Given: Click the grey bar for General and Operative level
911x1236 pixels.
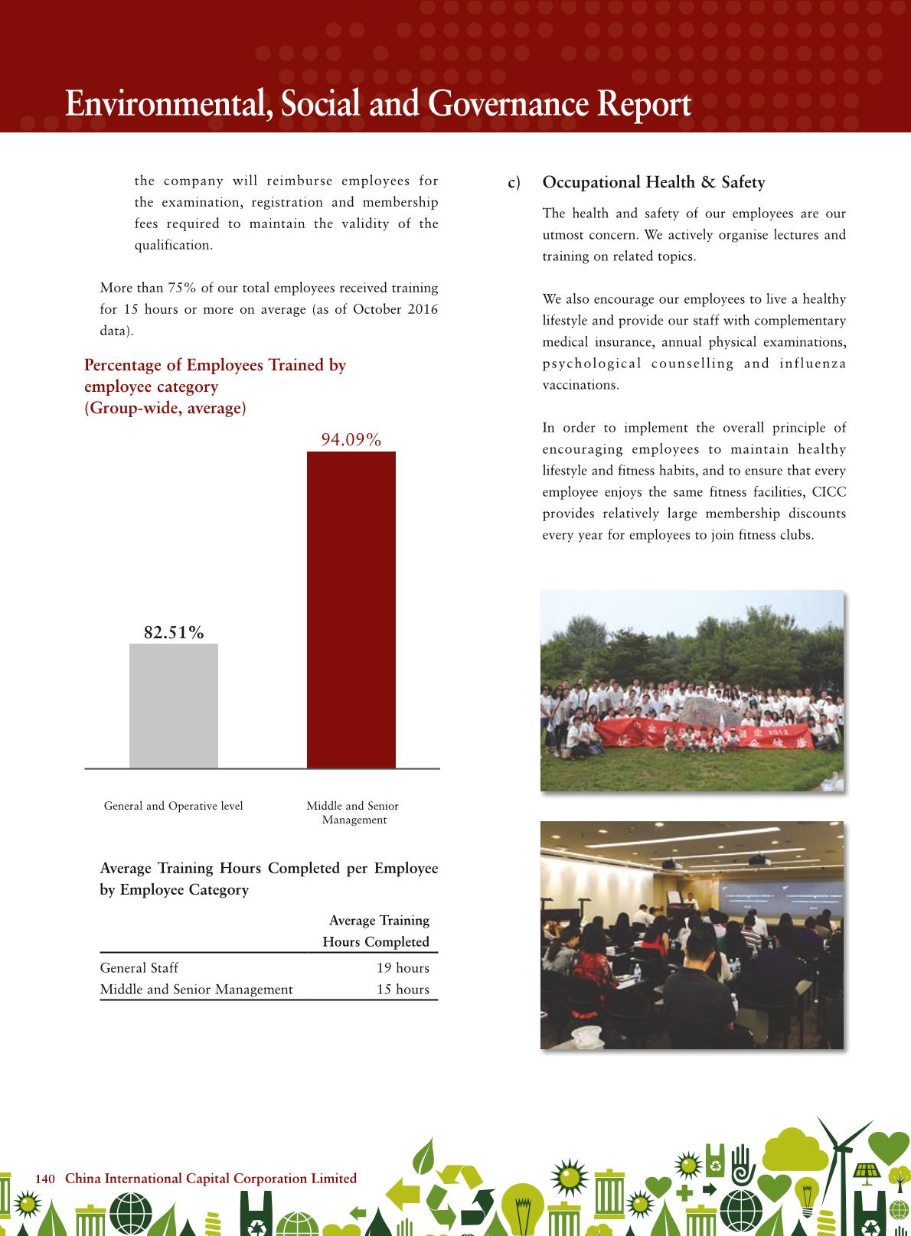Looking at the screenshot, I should tap(174, 705).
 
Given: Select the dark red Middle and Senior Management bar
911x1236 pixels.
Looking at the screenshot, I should tap(351, 609).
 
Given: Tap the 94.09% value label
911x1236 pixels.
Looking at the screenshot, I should tap(351, 439).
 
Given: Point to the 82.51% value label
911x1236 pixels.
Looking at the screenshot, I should tap(174, 632).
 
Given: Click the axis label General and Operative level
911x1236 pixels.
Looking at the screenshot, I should tap(174, 806).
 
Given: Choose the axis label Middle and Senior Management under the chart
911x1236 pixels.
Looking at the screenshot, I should tap(353, 813).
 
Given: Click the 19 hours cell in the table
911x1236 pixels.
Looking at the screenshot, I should tap(403, 967).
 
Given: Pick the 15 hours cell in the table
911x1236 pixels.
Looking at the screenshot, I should tap(403, 989).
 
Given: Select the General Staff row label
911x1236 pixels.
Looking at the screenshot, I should tap(139, 967).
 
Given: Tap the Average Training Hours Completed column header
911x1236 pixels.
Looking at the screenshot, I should tap(377, 931).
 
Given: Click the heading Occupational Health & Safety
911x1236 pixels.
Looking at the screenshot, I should tap(653, 182).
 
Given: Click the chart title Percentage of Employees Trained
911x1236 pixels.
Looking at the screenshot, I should tap(215, 365).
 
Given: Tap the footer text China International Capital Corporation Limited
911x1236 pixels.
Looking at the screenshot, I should tap(211, 1178).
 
